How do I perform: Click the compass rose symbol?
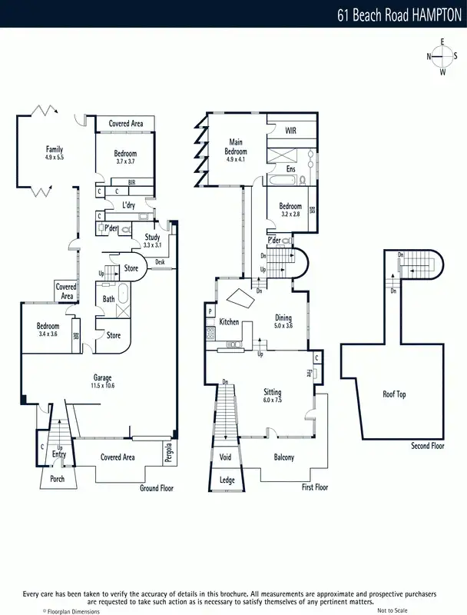(442, 56)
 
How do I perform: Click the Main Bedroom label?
(236, 146)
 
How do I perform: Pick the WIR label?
(290, 131)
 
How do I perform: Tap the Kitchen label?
(230, 321)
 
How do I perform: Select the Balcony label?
(284, 457)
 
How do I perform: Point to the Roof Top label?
(394, 394)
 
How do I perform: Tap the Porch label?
(58, 478)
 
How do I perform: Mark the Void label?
(226, 457)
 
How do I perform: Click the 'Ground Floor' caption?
(157, 488)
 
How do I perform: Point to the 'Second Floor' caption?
(427, 446)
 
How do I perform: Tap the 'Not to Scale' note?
(392, 610)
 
